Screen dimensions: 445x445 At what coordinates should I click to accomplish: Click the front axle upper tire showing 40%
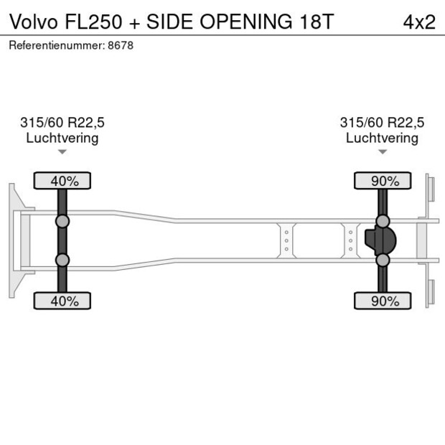pos(62,181)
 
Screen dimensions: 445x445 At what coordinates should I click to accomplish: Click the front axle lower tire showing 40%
pos(62,301)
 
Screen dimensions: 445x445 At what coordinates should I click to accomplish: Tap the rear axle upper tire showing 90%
pos(383,181)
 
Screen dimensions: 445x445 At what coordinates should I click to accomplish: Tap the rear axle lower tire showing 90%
pos(383,301)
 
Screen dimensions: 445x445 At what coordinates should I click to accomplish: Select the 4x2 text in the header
pos(419,22)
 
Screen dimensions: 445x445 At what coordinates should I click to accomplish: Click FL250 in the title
pos(98,22)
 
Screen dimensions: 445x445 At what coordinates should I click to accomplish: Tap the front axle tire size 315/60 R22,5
pos(62,123)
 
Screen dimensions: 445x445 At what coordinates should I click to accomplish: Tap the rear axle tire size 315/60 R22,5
pos(382,123)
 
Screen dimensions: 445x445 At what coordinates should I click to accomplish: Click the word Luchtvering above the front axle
pos(62,138)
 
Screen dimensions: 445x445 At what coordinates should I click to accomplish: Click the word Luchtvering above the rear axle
pos(382,138)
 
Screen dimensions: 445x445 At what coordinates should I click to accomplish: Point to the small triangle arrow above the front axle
pos(62,151)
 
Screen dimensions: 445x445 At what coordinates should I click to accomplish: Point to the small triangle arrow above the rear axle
pos(383,151)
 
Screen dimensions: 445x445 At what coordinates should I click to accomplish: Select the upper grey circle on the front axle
pos(62,221)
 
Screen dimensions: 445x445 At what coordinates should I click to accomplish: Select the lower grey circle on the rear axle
pos(383,261)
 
